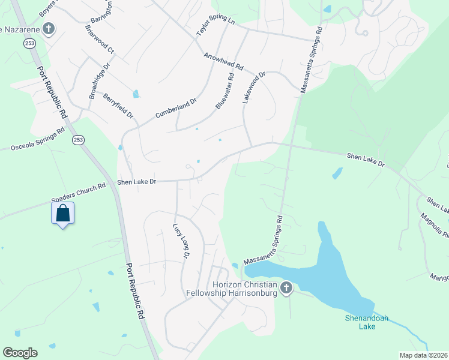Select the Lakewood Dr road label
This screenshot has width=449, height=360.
pos(253,88)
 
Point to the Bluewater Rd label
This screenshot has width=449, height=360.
pos(224,91)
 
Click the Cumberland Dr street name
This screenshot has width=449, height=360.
pos(176,108)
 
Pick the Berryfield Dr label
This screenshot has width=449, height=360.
pos(118,105)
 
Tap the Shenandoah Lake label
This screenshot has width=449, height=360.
pos(360,322)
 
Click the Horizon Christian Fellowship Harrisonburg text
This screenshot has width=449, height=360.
pos(243,288)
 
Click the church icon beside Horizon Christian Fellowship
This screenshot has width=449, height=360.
pos(286,289)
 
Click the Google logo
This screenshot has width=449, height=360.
pos(20,352)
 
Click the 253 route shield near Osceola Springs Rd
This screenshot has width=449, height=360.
pos(78,139)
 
